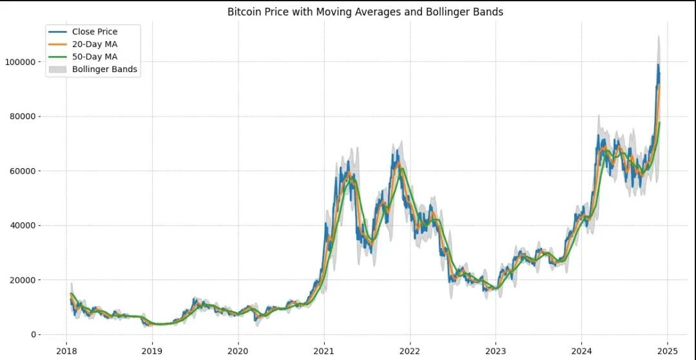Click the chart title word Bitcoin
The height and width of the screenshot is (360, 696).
click(x=244, y=12)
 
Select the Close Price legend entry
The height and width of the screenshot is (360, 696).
click(x=94, y=32)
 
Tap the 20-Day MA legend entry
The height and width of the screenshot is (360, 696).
click(x=95, y=44)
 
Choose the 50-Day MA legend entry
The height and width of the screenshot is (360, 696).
click(x=95, y=57)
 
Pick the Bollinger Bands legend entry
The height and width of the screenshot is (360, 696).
click(x=104, y=69)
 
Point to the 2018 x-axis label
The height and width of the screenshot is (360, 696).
click(x=66, y=350)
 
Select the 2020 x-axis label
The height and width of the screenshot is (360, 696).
click(x=238, y=350)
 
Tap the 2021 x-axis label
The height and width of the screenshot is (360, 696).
click(x=324, y=350)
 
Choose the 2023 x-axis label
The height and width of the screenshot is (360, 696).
click(x=496, y=350)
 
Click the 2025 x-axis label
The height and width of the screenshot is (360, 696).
click(x=667, y=350)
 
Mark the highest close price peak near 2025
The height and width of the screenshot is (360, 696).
click(x=658, y=64)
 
